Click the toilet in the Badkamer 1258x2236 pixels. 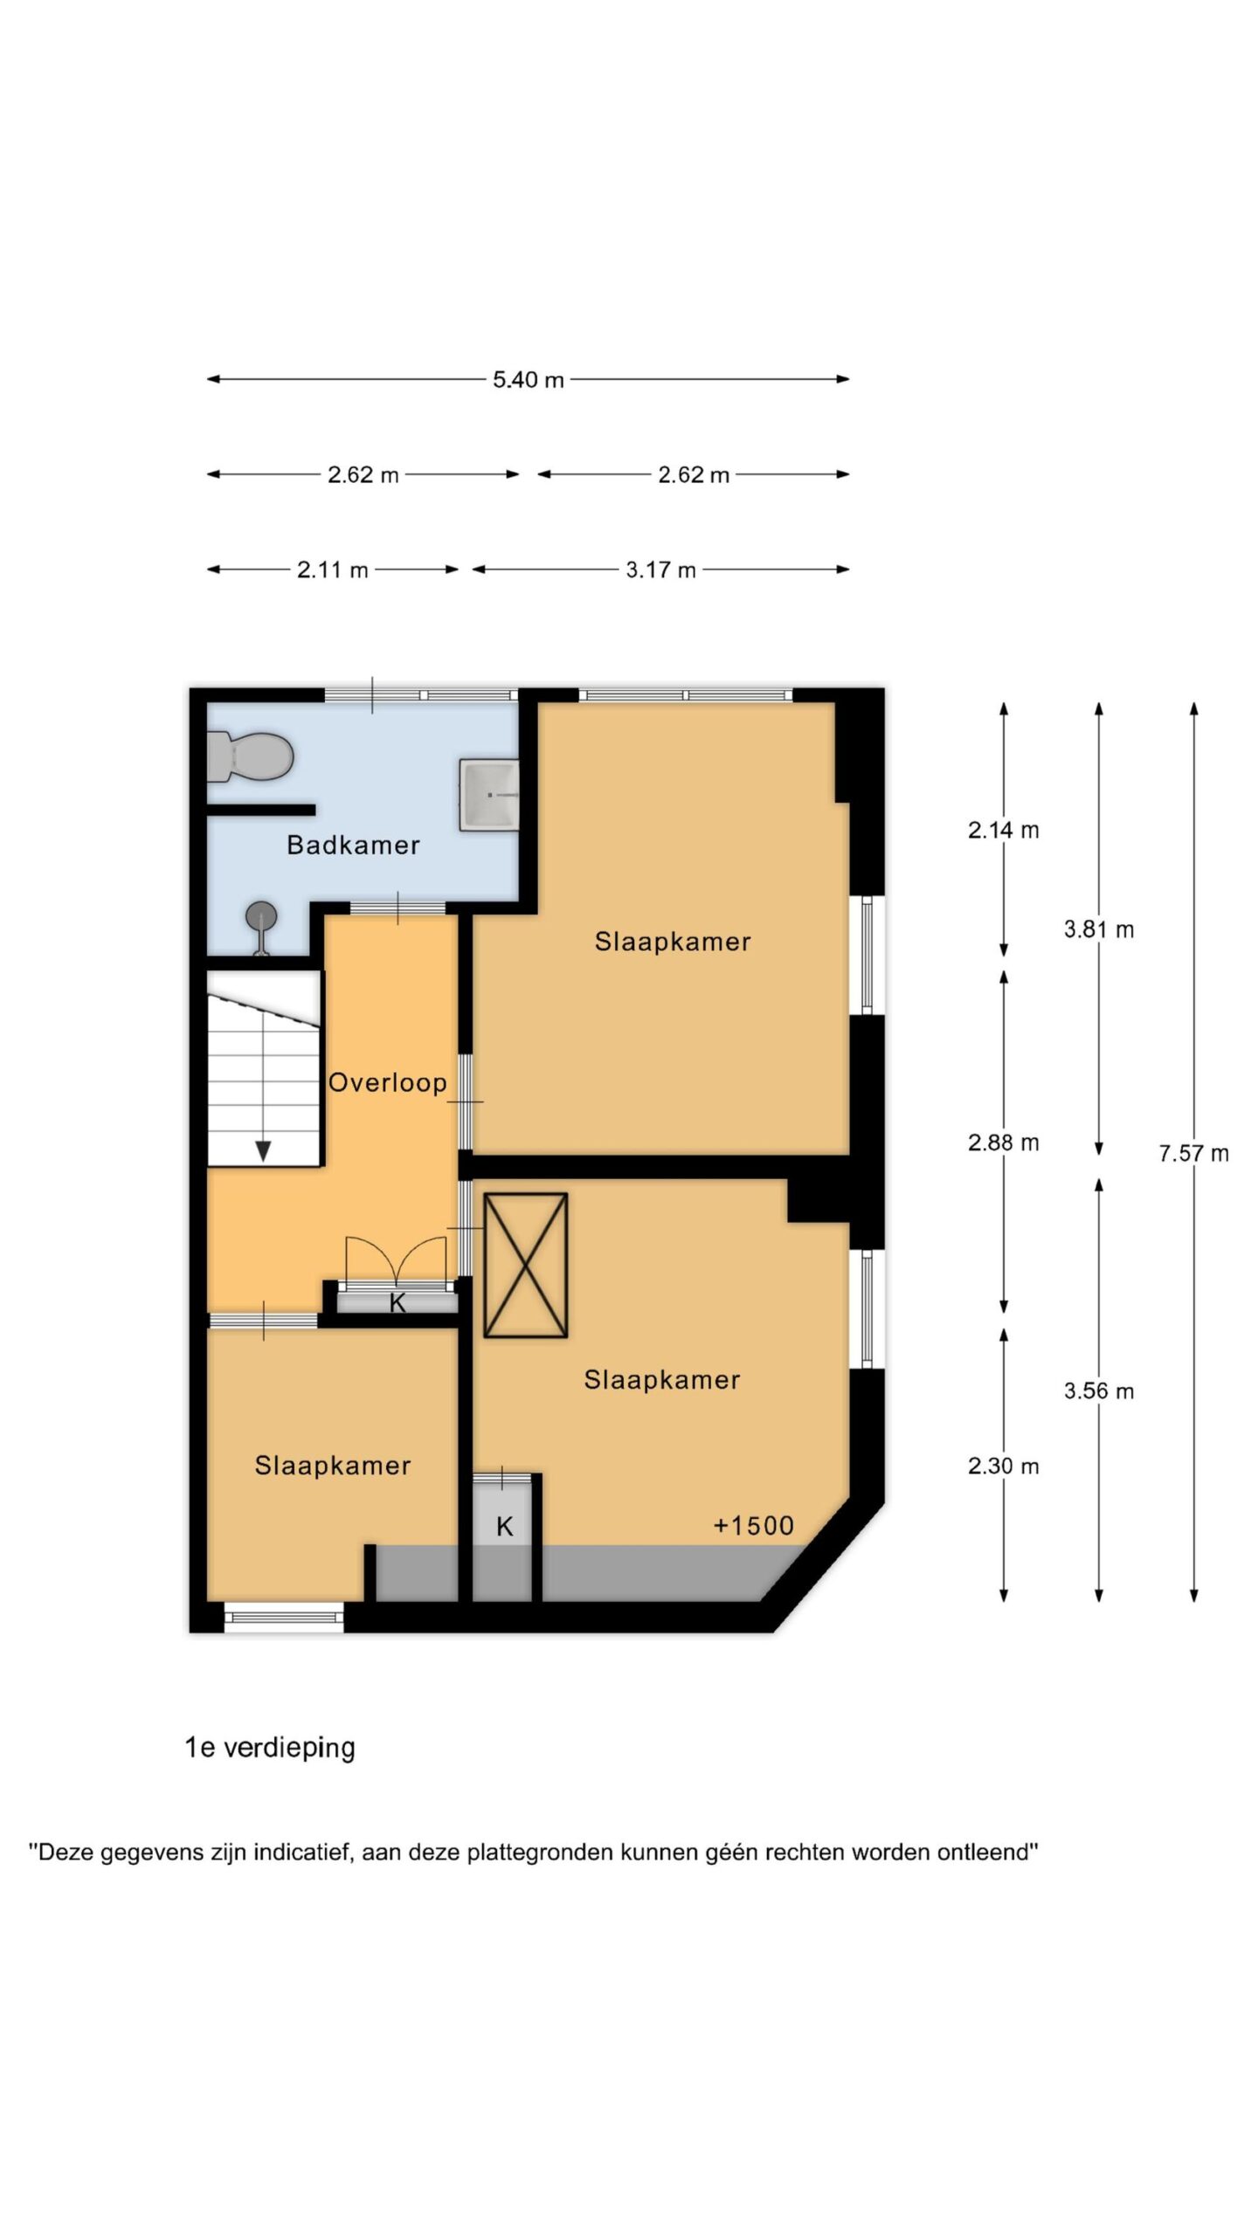point(249,756)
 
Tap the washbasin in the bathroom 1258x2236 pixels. point(489,795)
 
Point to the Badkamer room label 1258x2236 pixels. point(353,845)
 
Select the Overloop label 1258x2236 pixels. point(387,1082)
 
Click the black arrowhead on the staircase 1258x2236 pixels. point(263,1151)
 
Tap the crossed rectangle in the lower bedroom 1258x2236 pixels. point(525,1265)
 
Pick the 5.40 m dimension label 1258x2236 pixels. point(528,379)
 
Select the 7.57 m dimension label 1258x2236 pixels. point(1193,1153)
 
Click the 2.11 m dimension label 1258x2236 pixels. point(332,569)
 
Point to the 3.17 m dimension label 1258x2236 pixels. point(660,569)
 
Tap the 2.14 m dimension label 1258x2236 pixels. point(1003,830)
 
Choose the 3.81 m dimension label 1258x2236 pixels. point(1098,929)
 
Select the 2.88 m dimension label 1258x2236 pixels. point(1003,1142)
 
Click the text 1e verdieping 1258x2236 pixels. point(270,1748)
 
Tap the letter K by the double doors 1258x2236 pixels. point(397,1303)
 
